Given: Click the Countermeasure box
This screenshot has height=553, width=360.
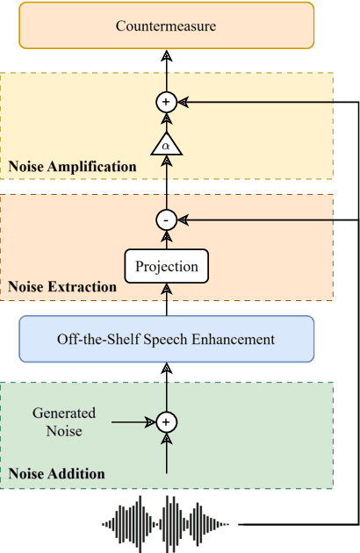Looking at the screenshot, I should (166, 25).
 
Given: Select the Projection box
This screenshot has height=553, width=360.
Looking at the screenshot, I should (166, 266).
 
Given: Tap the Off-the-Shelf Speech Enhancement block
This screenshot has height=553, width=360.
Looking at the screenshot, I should (166, 339).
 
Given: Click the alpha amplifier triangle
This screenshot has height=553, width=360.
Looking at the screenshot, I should (166, 144).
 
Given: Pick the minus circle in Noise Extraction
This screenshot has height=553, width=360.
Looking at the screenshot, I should (166, 219).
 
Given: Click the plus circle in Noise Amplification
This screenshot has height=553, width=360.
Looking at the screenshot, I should (166, 103).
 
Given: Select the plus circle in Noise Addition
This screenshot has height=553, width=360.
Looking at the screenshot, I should (166, 422).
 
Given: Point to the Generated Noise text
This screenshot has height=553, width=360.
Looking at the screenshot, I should (64, 421).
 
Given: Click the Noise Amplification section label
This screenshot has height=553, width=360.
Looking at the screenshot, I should (72, 166).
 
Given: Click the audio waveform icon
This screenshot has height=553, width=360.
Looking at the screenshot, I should (166, 525).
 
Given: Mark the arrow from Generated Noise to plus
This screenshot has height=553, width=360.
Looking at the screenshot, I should (133, 422).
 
